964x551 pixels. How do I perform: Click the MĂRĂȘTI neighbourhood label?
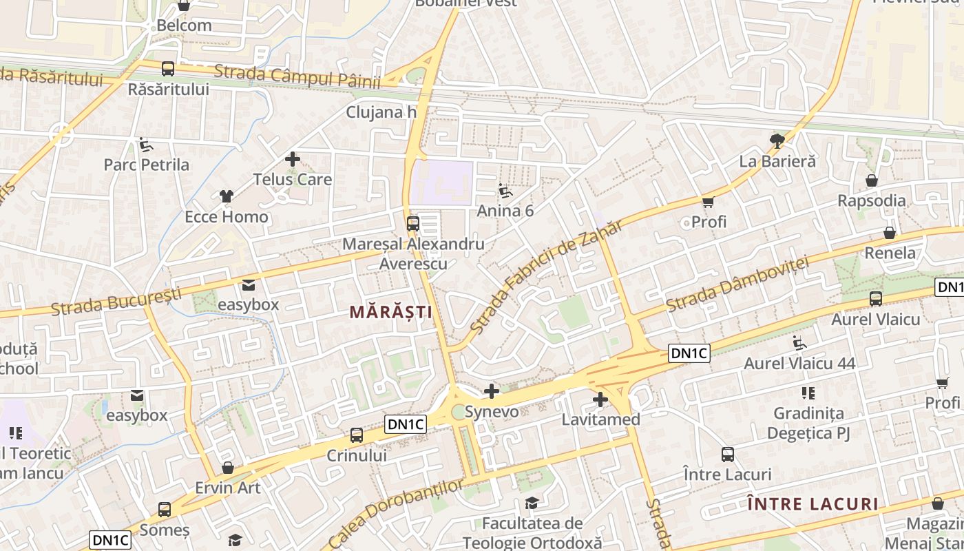tap(390, 312)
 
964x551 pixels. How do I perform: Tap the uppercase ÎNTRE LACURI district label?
tap(813, 504)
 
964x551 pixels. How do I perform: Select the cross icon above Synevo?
tap(492, 392)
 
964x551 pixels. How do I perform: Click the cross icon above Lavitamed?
tap(600, 399)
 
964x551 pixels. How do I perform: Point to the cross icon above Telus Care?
tap(293, 160)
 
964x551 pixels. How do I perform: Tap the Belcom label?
tap(184, 25)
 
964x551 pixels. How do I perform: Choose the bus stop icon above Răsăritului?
tap(168, 69)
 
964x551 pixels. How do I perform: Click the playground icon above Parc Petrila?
tap(146, 145)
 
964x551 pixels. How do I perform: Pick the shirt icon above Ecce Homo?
tap(226, 197)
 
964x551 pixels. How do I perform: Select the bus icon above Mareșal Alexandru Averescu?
tap(413, 223)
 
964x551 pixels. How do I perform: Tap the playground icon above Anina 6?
tap(505, 191)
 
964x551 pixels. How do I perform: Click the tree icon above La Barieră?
tap(777, 141)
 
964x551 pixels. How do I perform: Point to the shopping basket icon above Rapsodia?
tap(872, 180)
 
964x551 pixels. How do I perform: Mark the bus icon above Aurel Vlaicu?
tap(876, 299)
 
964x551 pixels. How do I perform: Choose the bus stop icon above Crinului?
tap(357, 435)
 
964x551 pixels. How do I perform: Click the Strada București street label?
tap(116, 301)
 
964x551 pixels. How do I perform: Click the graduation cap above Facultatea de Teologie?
tap(532, 503)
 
